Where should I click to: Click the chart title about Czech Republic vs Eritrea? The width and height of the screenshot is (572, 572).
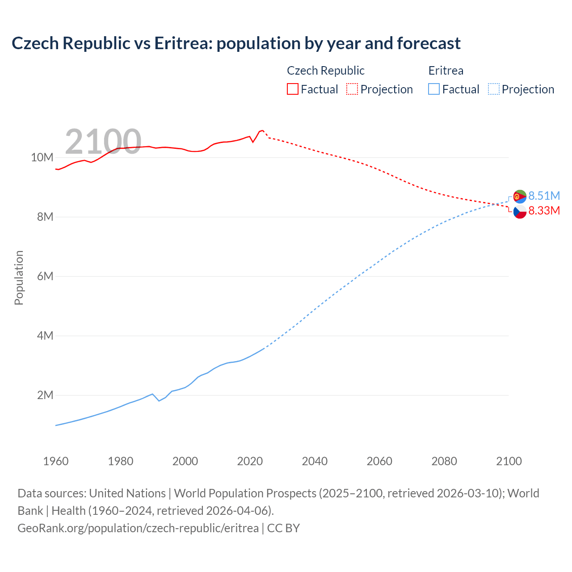pyautogui.click(x=236, y=43)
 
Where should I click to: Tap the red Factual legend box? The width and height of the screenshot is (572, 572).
pyautogui.click(x=292, y=89)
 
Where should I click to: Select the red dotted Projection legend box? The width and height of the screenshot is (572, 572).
pyautogui.click(x=352, y=89)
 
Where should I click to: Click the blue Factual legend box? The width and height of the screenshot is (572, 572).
pyautogui.click(x=433, y=89)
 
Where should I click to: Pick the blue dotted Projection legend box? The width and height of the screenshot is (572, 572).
pyautogui.click(x=493, y=89)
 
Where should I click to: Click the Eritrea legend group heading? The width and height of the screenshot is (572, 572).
pyautogui.click(x=446, y=71)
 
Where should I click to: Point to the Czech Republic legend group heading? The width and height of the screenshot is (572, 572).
pyautogui.click(x=325, y=71)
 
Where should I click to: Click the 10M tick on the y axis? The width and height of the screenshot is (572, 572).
pyautogui.click(x=42, y=157)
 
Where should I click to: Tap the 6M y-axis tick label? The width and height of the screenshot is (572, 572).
pyautogui.click(x=45, y=276)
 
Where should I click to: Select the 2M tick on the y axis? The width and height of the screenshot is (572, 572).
pyautogui.click(x=45, y=395)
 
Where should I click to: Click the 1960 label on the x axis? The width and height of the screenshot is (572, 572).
pyautogui.click(x=56, y=461)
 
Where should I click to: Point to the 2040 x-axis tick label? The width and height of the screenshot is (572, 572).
pyautogui.click(x=315, y=461)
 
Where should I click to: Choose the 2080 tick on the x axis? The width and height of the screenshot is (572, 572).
pyautogui.click(x=444, y=461)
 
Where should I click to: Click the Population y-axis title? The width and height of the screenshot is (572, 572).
pyautogui.click(x=19, y=278)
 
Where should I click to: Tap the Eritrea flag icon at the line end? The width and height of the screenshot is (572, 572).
pyautogui.click(x=520, y=196)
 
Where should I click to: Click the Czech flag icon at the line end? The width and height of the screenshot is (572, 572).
pyautogui.click(x=520, y=211)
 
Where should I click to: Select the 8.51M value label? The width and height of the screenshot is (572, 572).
pyautogui.click(x=544, y=196)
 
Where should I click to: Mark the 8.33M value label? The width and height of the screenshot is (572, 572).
pyautogui.click(x=544, y=210)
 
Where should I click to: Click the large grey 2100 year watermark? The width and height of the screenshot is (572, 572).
pyautogui.click(x=103, y=142)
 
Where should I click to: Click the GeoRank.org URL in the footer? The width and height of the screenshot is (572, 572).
pyautogui.click(x=138, y=528)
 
